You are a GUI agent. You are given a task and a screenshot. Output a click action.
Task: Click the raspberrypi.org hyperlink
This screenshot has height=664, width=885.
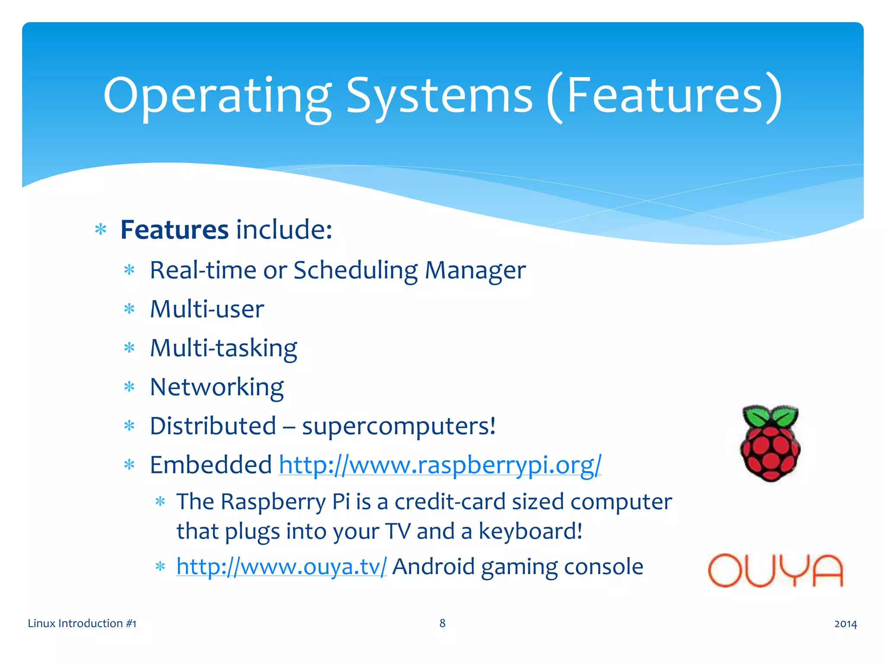tap(440, 465)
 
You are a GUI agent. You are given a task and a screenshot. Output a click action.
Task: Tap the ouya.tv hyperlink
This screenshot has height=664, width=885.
tap(281, 567)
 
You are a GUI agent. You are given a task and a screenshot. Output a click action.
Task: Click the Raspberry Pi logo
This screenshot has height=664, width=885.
tap(770, 444)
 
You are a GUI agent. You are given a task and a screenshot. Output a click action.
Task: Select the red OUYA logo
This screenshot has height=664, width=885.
tap(775, 571)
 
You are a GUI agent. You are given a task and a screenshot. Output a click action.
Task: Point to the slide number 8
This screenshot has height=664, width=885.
tap(442, 623)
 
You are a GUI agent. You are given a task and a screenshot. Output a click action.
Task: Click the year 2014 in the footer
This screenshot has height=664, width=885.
tap(845, 624)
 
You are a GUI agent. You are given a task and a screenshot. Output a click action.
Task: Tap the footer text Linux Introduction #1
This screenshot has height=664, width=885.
tap(82, 623)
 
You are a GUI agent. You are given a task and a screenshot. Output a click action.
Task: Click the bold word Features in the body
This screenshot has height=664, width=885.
tap(174, 230)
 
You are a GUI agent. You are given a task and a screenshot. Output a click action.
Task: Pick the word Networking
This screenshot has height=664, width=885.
tap(216, 387)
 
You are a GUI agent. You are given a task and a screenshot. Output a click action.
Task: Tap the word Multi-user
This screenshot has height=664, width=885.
tap(207, 310)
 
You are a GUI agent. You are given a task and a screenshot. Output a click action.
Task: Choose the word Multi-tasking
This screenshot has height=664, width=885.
tap(223, 348)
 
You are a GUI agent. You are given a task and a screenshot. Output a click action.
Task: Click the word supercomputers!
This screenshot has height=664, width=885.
tap(398, 427)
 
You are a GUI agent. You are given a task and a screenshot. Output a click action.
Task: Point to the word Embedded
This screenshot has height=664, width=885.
tap(211, 465)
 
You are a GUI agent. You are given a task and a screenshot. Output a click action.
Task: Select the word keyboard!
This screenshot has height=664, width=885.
tap(530, 531)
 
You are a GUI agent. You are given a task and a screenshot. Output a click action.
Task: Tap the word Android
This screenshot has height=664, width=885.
tap(433, 567)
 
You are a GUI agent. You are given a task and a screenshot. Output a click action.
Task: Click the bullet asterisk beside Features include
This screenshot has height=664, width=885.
tap(101, 230)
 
